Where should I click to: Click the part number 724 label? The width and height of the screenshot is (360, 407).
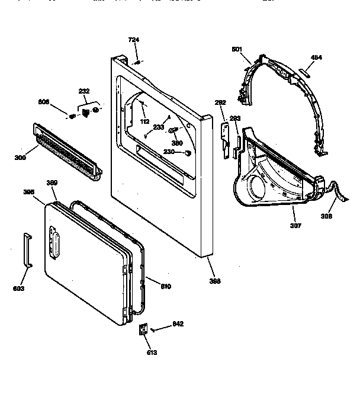pos(133,40)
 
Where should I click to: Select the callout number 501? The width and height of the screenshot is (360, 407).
pos(237,50)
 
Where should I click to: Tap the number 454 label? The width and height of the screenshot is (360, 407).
pos(317,57)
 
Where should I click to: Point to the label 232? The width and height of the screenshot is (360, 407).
pos(84,91)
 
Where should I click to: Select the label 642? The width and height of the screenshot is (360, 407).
pos(178,323)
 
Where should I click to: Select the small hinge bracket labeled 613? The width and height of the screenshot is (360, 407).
pos(143,331)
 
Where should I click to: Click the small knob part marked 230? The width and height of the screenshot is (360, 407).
pos(188,153)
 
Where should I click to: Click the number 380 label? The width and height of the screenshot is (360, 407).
pos(176,142)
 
